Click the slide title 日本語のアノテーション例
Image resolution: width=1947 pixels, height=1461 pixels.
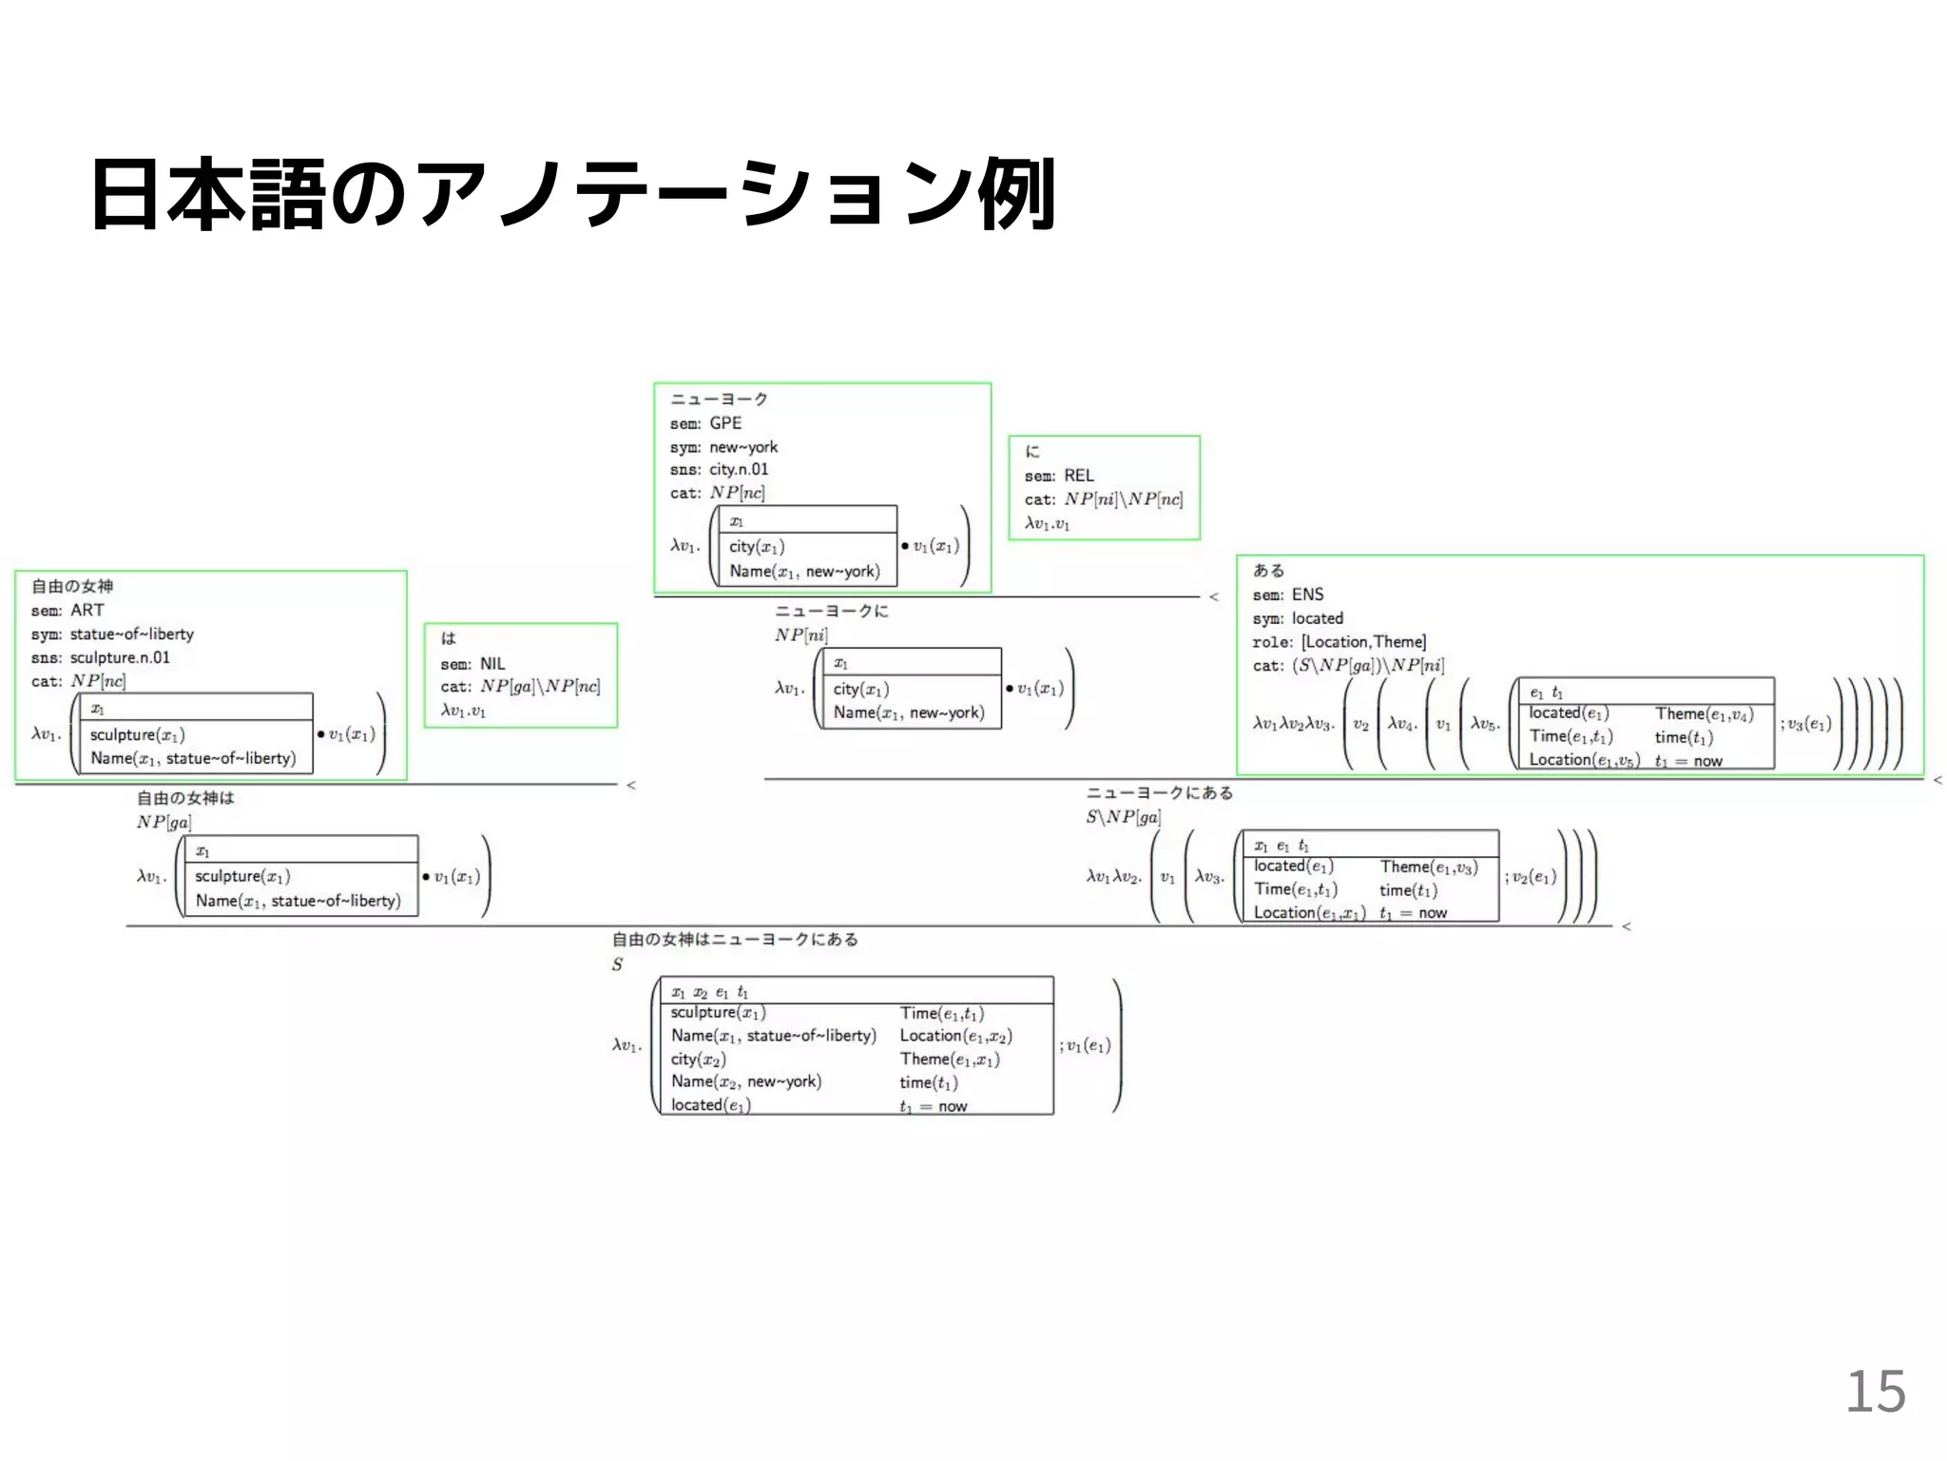(572, 194)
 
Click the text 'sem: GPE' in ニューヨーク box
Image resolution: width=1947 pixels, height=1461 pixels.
(705, 423)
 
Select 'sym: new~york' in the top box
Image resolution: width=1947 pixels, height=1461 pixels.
(723, 447)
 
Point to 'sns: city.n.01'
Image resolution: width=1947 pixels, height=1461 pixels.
(719, 470)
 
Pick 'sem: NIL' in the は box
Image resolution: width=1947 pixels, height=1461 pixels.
(472, 664)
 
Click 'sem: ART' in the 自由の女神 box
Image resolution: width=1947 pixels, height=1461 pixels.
(67, 611)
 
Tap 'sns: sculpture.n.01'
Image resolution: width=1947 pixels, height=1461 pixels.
(100, 658)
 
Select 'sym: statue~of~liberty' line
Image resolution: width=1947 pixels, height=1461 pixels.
(112, 634)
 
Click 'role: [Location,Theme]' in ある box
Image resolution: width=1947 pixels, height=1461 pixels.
(1339, 642)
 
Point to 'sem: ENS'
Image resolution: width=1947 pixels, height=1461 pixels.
(1287, 594)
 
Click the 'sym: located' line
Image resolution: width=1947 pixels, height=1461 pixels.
(1297, 618)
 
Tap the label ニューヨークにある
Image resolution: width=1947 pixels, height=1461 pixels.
(1159, 793)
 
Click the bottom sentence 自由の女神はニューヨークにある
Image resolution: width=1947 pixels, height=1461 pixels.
(735, 940)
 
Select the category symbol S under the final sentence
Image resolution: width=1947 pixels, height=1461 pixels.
(617, 964)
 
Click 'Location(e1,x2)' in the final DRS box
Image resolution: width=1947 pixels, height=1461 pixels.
(955, 1036)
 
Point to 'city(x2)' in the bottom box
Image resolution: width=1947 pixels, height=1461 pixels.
(698, 1060)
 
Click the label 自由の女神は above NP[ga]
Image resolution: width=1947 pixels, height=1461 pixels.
(185, 798)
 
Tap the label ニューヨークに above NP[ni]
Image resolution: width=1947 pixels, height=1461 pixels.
(831, 612)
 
